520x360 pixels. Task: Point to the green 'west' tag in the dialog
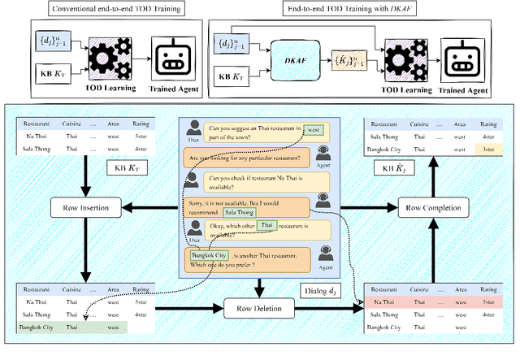(x=313, y=129)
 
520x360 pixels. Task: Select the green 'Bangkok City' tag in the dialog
(x=205, y=254)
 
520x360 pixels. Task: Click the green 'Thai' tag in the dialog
(x=267, y=225)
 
